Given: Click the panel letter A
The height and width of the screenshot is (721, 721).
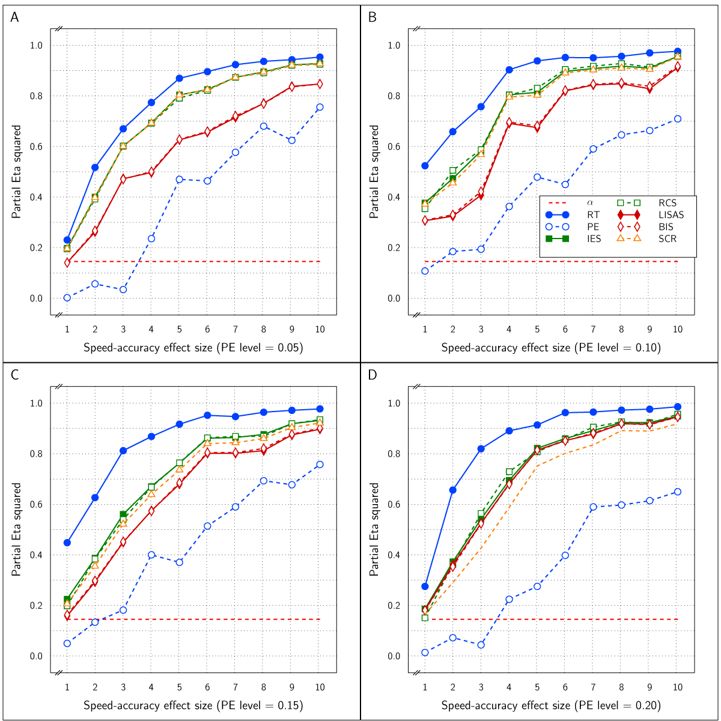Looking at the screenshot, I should pos(14,17).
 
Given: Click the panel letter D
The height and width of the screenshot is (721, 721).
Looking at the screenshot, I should pos(373,375).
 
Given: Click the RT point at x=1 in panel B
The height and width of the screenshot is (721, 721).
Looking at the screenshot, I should pos(425,165).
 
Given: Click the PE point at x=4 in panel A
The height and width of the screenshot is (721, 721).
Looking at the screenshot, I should pos(151,239).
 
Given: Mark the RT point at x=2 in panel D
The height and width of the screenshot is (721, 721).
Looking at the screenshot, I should pos(453,490).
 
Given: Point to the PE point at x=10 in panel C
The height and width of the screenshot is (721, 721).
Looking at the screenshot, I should pos(320,464).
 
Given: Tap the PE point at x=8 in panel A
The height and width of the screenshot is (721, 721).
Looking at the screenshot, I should pos(264,126).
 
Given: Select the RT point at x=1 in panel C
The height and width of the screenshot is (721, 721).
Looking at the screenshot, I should pos(67,543).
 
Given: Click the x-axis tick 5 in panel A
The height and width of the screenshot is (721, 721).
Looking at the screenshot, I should pos(179,329).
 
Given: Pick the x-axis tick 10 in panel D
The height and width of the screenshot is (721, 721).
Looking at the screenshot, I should pos(677,687).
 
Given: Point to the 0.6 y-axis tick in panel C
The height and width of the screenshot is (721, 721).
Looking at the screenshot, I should pos(36,504).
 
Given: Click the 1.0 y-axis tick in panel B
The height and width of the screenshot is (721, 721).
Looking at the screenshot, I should pos(394,45).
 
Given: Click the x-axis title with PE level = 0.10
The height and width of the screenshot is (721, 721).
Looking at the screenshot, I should pos(551,347).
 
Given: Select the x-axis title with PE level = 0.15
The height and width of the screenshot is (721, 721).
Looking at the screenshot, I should pos(193,705).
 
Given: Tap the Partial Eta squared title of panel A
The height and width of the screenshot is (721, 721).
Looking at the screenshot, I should pos(17,171).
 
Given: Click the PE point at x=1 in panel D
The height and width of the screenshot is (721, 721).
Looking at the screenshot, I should pos(425,653).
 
